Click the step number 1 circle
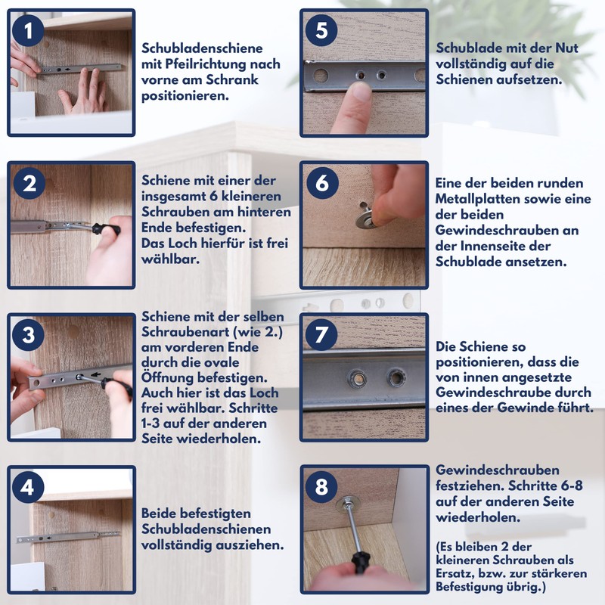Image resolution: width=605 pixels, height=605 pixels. [x=28, y=30]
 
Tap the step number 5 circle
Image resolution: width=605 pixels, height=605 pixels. [x=321, y=30]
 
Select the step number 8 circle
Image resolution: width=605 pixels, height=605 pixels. [x=321, y=487]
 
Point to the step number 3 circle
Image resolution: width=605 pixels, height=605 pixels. [x=28, y=335]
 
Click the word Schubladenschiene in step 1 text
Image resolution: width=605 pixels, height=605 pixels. [x=202, y=48]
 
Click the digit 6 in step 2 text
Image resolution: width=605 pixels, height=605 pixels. [x=213, y=196]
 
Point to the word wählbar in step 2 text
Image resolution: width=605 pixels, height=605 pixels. [x=170, y=259]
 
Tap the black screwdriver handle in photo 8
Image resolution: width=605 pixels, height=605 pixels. [x=360, y=563]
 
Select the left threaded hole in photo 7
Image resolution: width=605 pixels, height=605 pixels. [x=357, y=379]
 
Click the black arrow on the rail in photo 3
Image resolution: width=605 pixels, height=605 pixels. [x=96, y=374]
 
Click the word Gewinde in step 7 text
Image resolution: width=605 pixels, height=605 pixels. [x=521, y=408]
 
